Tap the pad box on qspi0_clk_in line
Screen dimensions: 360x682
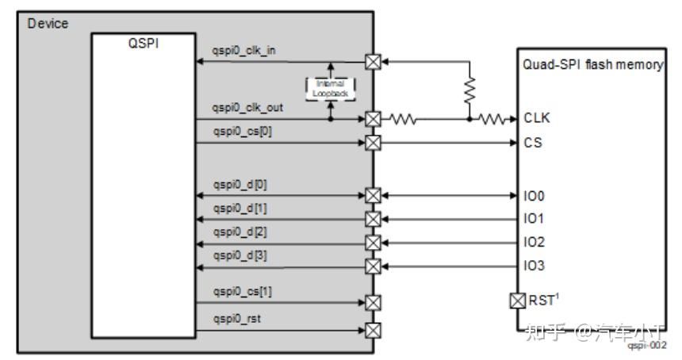[372, 62]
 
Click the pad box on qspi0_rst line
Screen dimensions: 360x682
[372, 328]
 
